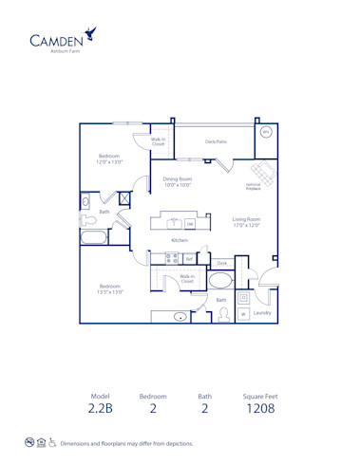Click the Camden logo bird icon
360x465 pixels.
pos(89,34)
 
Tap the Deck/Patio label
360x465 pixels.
pos(216,141)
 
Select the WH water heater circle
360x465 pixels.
pos(266,133)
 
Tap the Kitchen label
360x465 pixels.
pos(179,240)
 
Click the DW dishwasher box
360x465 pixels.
pos(190,224)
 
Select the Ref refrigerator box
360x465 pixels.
pos(189,258)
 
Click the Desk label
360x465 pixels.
pos(221,263)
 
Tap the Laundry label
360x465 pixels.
pos(263,312)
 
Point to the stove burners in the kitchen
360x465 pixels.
pos(171,257)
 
